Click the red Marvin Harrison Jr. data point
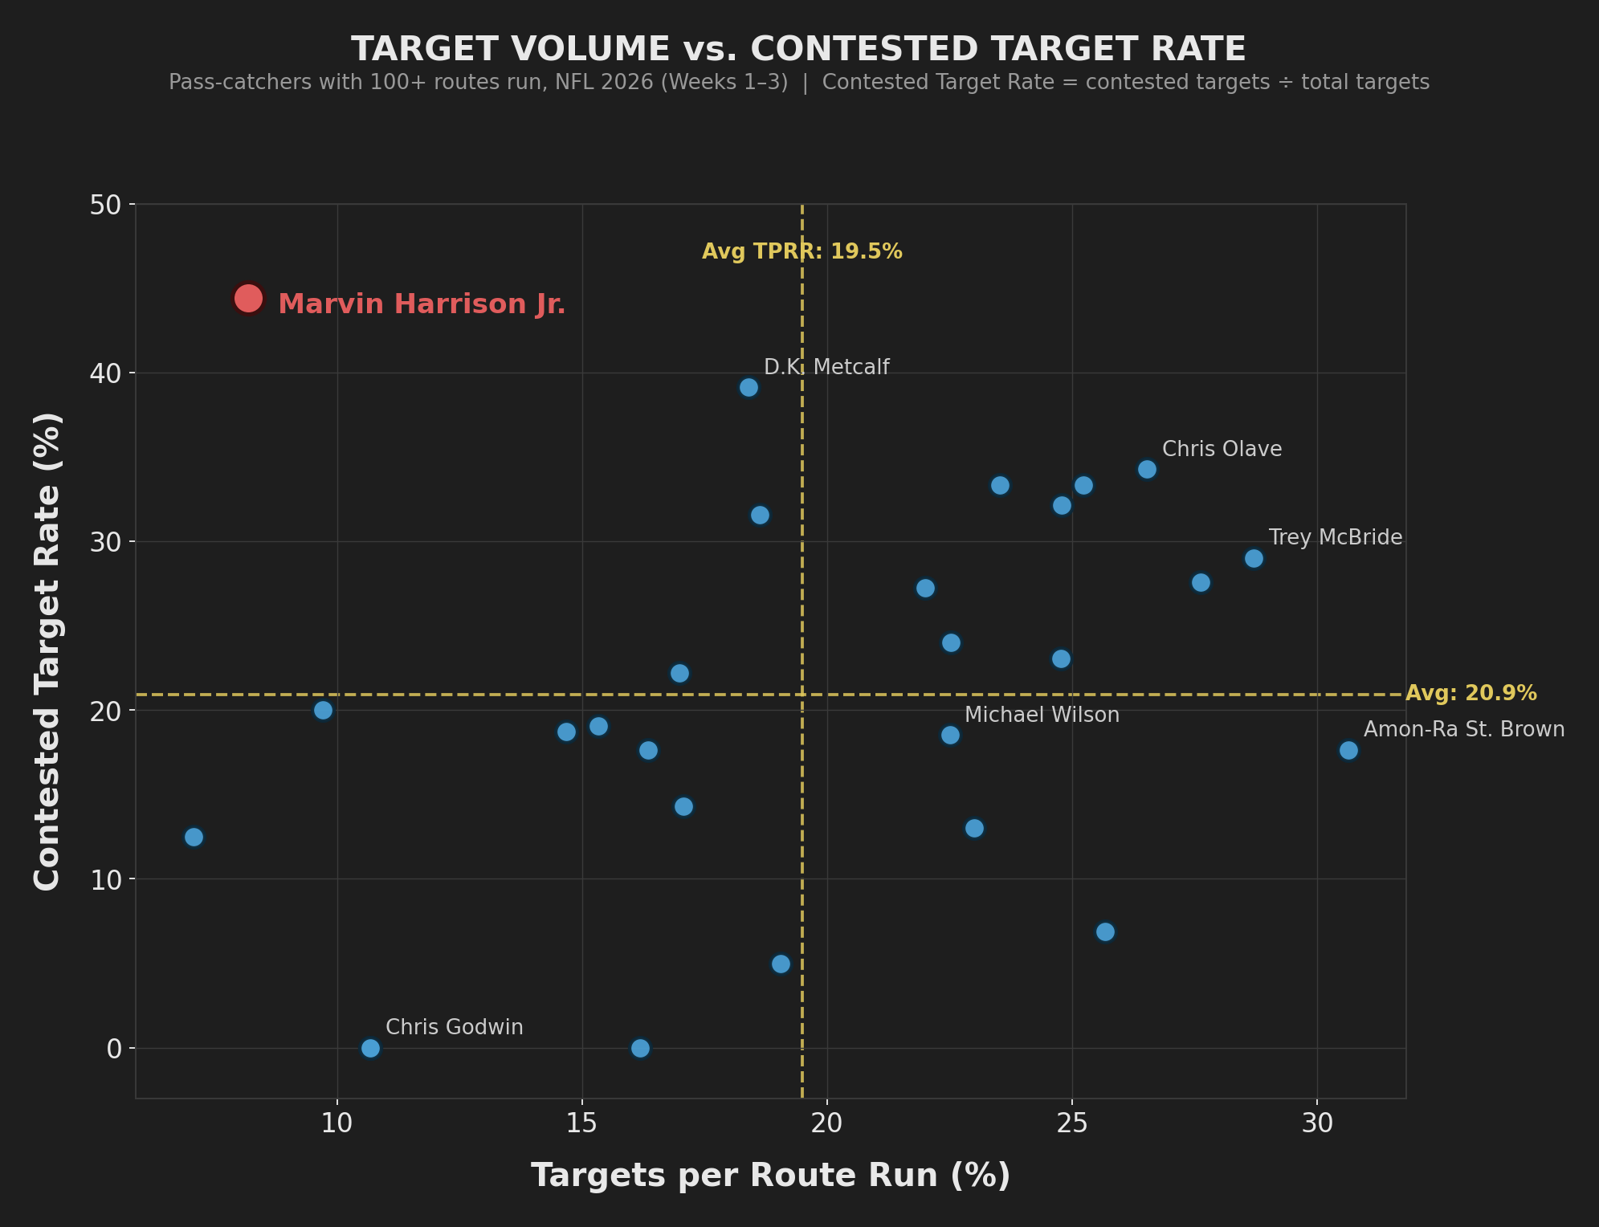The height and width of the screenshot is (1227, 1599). [248, 299]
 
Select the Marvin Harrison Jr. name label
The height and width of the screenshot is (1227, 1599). [422, 304]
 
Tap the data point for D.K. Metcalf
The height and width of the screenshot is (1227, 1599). [749, 388]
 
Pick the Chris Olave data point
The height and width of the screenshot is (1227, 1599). [1147, 469]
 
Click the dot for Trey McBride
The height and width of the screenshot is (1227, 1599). [1254, 558]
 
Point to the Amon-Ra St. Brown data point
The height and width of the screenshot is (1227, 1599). [1348, 750]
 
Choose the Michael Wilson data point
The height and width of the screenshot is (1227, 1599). [950, 735]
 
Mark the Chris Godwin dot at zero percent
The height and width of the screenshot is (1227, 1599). [370, 1048]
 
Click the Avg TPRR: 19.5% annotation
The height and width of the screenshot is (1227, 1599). [802, 251]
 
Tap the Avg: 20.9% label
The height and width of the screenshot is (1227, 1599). [1471, 693]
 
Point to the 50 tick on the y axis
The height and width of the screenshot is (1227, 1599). [104, 205]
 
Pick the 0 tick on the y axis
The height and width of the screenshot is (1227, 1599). [115, 1049]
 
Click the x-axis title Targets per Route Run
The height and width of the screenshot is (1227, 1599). [771, 1175]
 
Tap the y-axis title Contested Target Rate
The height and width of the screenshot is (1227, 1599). [47, 651]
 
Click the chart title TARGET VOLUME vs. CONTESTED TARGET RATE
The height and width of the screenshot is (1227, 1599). [799, 49]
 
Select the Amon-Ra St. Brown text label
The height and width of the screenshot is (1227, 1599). [1464, 729]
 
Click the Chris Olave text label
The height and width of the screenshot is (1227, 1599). [1222, 449]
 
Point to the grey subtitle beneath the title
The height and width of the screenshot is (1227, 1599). [799, 82]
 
